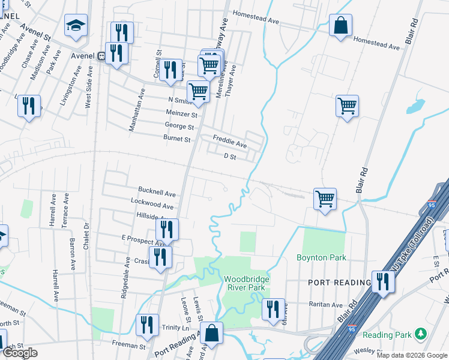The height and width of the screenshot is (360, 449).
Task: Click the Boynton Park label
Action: click(322, 258)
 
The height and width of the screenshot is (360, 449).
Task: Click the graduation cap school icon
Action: click(76, 26)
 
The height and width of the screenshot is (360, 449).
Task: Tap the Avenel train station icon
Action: click(101, 56)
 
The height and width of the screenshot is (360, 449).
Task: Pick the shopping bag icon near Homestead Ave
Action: click(340, 26)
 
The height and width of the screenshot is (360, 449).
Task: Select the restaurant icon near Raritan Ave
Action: click(273, 310)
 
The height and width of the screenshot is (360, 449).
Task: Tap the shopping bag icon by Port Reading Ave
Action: click(211, 333)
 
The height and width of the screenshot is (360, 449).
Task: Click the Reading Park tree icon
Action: click(421, 333)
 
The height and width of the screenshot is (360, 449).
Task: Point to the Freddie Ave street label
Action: click(231, 145)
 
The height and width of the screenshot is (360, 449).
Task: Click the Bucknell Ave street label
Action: click(157, 194)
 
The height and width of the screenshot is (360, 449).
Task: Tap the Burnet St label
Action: click(176, 139)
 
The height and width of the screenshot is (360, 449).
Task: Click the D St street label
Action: click(230, 157)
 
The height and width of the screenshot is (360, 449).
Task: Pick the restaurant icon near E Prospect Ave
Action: click(167, 230)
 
